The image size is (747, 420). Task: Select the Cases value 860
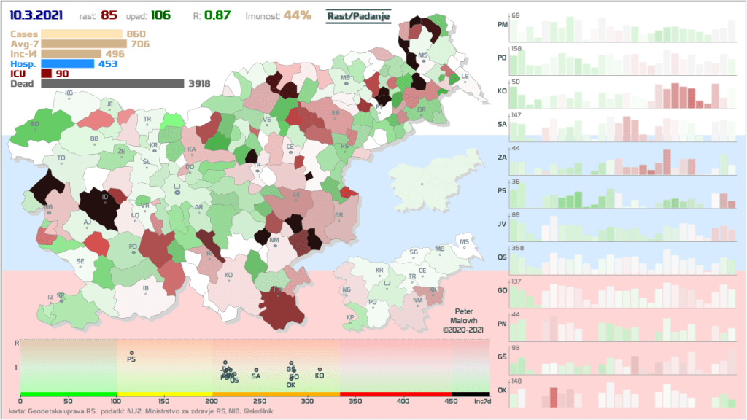[136, 34]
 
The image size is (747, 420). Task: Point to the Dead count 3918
[199, 84]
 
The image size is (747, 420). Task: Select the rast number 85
[131, 14]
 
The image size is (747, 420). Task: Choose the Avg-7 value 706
[139, 44]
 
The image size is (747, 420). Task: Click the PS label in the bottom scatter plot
[131, 359]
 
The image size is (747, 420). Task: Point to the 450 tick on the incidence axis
[452, 401]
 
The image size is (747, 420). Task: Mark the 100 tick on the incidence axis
[117, 401]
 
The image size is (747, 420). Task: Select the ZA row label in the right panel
[502, 157]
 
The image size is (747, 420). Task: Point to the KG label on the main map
[69, 93]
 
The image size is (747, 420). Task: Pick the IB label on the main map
[146, 289]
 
